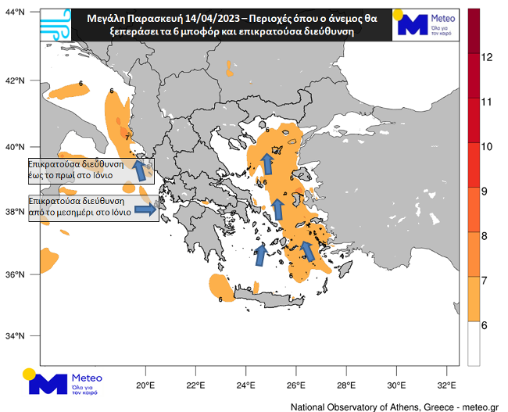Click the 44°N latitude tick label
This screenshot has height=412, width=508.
[x=15, y=13]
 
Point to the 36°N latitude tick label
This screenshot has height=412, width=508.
[x=15, y=274]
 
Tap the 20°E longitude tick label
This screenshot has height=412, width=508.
[x=145, y=385]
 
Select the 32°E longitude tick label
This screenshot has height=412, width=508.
[x=447, y=385]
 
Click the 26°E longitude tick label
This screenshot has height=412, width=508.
[x=295, y=385]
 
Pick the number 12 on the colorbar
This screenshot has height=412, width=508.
[x=485, y=57]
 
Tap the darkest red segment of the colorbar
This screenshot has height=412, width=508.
[x=473, y=31]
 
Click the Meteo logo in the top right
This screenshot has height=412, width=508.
[x=426, y=23]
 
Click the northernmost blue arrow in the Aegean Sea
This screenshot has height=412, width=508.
[x=267, y=163]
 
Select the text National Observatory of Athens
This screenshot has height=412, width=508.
[x=355, y=407]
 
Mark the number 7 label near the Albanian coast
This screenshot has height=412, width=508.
[x=127, y=138]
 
